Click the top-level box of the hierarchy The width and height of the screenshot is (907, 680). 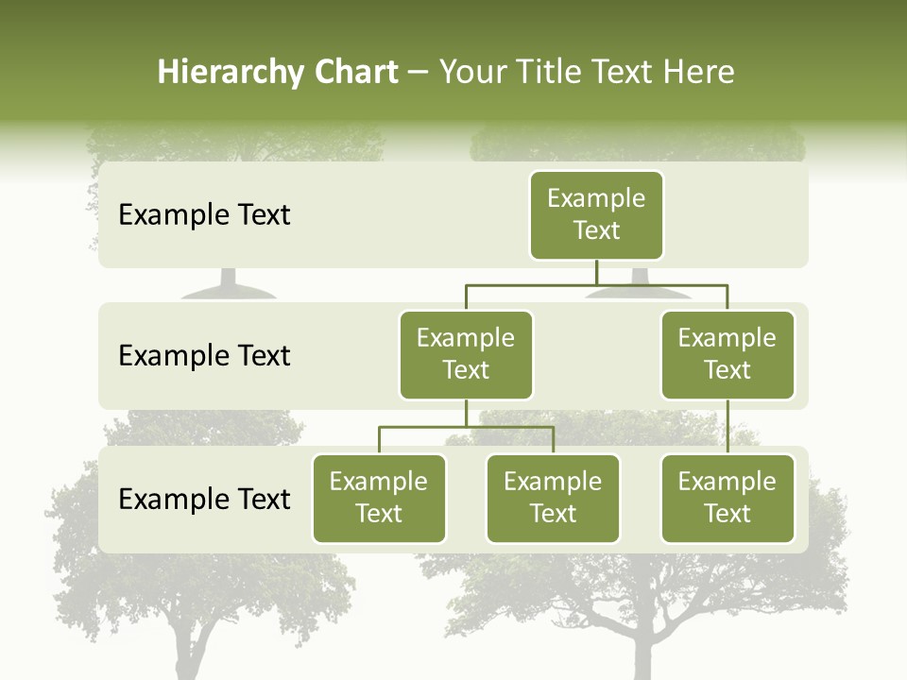coord(596,215)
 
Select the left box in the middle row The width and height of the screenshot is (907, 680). coord(466,355)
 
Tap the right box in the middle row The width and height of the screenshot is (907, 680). coord(727,355)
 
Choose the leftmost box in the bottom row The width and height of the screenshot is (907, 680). coord(379,499)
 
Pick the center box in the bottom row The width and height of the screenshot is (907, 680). coord(553,499)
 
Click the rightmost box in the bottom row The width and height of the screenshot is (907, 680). coord(727,499)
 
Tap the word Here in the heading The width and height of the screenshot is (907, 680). coord(698,73)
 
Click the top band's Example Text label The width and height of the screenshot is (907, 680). coord(204,215)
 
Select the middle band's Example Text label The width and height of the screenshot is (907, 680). coord(204,356)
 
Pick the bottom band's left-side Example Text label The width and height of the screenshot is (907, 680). coord(204,499)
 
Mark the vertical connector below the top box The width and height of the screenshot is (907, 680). coord(596,272)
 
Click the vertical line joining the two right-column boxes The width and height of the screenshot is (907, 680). coord(727,427)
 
